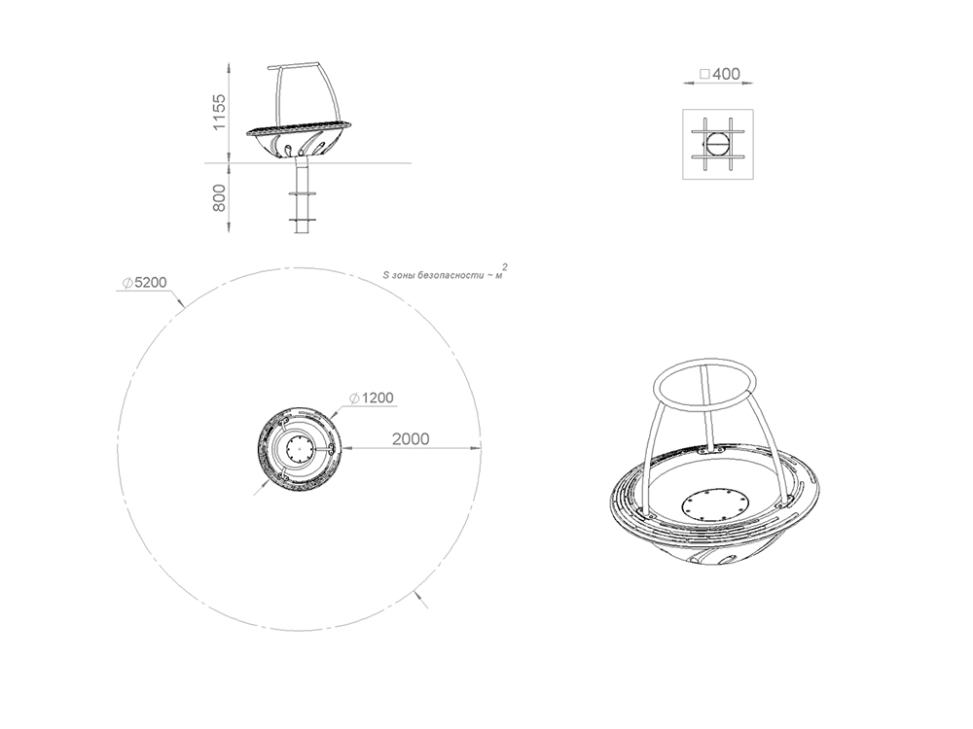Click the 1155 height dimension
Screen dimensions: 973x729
(219, 112)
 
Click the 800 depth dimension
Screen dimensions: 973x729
(219, 197)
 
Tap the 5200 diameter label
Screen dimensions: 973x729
(145, 283)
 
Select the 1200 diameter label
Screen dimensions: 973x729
(372, 398)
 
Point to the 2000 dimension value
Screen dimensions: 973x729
(411, 439)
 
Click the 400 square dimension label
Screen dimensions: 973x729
(720, 74)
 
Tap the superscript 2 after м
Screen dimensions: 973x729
(504, 267)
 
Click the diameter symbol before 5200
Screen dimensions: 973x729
(127, 283)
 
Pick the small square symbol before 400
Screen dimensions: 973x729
(704, 74)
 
